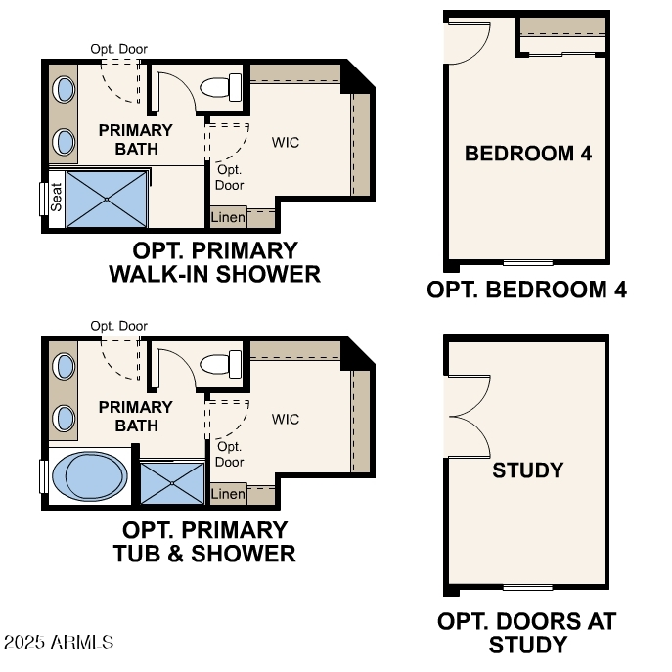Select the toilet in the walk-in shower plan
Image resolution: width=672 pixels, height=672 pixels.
tap(221, 88)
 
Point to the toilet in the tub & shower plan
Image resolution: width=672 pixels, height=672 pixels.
tap(221, 365)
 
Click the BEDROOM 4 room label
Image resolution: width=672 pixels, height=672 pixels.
tap(527, 154)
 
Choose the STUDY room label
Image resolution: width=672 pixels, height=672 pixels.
tap(527, 470)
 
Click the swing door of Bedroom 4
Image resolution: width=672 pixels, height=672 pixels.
tap(467, 42)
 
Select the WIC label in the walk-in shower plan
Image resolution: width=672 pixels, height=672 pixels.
tap(286, 143)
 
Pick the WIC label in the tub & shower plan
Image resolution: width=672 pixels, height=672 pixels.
tap(286, 420)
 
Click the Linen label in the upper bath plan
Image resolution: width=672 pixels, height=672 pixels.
tap(228, 217)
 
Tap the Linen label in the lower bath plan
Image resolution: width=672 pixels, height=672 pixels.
tap(228, 494)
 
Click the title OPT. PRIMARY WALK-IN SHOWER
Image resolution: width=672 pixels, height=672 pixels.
tap(215, 262)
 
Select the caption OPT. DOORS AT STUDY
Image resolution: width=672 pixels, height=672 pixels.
tap(527, 633)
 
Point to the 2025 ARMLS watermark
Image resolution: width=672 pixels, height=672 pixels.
tap(59, 643)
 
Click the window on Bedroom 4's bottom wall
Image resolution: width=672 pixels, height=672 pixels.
tap(527, 262)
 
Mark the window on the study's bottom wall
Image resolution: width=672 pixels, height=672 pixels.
tap(527, 587)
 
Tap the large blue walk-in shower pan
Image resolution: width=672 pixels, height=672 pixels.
tap(108, 200)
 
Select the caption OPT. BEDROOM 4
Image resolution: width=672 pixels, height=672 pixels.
tap(527, 290)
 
